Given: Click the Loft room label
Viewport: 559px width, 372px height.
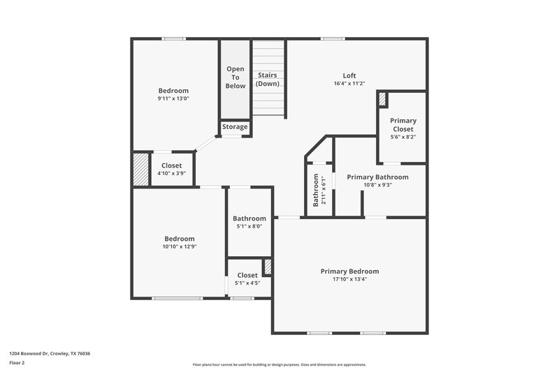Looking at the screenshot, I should (349, 75).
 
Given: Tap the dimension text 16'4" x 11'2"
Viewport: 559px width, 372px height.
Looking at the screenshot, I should (349, 84).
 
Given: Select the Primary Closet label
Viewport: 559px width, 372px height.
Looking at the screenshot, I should (402, 125).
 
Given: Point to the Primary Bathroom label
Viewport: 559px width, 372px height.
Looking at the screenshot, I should (377, 177).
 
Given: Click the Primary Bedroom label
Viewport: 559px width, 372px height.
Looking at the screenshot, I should (349, 271).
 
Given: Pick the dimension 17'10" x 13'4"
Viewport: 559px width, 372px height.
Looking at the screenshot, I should (349, 280).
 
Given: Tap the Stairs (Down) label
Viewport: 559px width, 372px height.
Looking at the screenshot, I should (268, 79).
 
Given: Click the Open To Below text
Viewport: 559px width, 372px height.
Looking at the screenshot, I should (235, 77).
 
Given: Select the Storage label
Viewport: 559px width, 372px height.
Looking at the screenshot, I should (235, 127).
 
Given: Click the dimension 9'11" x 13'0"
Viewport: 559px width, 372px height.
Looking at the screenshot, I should (173, 99).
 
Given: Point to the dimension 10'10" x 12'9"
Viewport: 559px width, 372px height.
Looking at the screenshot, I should (179, 247).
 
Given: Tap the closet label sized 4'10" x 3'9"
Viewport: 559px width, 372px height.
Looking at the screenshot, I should (171, 166).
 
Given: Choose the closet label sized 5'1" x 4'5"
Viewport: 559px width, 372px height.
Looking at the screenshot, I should (247, 276).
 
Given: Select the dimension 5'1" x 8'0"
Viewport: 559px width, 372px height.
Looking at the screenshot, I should (249, 227).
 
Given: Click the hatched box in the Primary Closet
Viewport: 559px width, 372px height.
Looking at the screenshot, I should (382, 99).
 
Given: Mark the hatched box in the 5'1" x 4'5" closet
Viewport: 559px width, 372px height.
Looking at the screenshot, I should (267, 267).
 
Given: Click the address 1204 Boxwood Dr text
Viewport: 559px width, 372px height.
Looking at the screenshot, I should (50, 354).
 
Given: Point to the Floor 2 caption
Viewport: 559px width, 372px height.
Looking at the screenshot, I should (17, 364).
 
